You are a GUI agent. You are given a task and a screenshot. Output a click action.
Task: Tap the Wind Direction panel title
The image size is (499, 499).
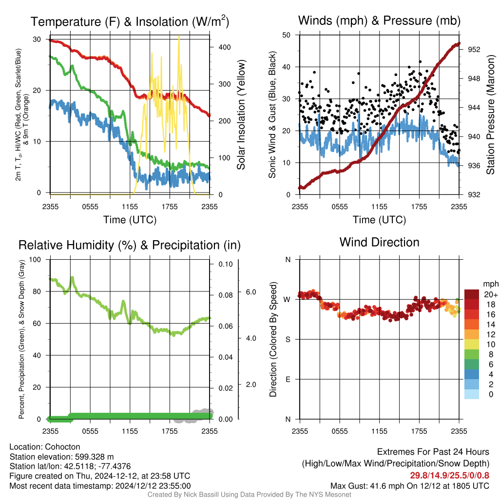coord(379,242)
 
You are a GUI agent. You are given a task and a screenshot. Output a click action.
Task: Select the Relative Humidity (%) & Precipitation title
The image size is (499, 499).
coord(130,245)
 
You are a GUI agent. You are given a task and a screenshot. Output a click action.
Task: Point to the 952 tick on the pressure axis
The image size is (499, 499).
coord(474,50)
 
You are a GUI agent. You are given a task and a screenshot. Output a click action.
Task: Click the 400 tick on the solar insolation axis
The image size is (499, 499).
coord(225,47)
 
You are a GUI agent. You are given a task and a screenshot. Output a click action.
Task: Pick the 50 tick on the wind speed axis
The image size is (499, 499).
coord(287,35)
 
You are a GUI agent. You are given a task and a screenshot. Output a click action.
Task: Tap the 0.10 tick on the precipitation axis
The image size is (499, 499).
coord(226,264)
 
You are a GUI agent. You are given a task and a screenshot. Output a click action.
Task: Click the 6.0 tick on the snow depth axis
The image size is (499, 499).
coord(251,292)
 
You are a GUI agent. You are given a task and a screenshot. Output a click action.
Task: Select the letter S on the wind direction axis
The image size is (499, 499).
coord(288,340)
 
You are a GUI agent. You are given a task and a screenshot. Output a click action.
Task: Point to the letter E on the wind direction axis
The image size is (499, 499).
coord(288,379)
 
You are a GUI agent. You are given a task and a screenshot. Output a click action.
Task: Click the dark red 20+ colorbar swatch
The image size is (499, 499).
coord(472,294)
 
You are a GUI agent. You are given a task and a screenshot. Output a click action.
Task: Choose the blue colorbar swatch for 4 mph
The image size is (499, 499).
coord(472,374)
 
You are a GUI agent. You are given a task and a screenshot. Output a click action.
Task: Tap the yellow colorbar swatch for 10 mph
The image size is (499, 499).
coord(472,344)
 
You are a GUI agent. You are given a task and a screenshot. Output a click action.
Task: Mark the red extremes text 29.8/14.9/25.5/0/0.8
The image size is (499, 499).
coord(449,476)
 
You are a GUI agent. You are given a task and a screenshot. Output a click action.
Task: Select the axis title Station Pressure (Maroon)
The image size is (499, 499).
coord(490,115)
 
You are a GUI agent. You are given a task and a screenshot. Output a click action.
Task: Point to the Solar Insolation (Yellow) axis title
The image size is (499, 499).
coord(241,115)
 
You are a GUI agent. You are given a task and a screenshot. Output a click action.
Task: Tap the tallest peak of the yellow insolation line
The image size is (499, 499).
coord(179,36)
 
